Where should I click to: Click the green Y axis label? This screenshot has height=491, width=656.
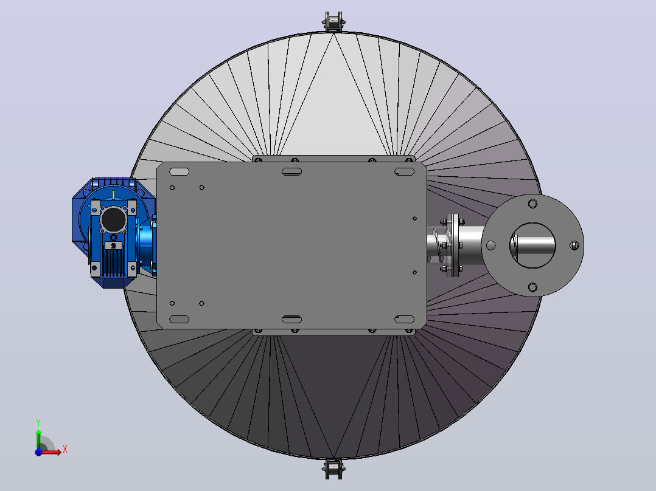click(38, 423)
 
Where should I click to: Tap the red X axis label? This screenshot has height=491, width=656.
click(65, 450)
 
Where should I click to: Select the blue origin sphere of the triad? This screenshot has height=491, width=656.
click(38, 452)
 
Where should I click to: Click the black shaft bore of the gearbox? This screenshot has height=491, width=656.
click(114, 219)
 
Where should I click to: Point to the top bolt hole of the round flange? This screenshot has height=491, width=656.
click(532, 204)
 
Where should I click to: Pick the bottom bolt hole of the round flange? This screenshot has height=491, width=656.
click(532, 287)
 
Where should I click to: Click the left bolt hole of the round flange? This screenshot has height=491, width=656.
click(490, 245)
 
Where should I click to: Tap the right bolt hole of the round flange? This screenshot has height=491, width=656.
click(574, 245)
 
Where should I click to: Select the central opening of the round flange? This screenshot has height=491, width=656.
click(532, 245)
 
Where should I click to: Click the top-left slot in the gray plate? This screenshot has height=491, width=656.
click(179, 172)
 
